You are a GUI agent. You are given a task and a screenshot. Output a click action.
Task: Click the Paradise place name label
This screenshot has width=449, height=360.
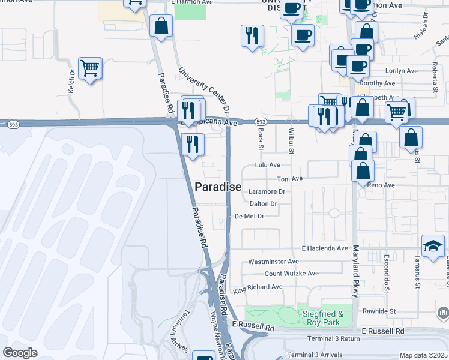(218, 187)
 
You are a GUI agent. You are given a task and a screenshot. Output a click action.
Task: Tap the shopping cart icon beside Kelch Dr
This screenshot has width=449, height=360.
(89, 69)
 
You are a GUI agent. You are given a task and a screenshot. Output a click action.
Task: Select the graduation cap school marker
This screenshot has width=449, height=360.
(433, 246)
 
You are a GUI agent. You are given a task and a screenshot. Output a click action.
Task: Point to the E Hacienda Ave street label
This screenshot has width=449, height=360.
(325, 248)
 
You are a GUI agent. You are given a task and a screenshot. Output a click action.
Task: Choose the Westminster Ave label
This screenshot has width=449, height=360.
(273, 262)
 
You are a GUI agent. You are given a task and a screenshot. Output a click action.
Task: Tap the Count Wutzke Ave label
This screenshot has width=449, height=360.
(292, 273)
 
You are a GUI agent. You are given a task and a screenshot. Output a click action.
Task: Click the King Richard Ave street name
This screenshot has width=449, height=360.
(258, 287)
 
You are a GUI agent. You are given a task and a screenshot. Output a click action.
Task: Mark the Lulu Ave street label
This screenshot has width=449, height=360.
(268, 164)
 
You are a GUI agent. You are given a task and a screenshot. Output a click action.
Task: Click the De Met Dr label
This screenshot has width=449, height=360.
(249, 216)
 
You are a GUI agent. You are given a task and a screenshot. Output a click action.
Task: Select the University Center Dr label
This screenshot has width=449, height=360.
(204, 90)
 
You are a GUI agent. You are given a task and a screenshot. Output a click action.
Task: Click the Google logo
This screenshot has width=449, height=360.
(20, 353)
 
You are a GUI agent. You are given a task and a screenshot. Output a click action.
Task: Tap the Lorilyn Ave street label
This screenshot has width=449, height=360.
(402, 70)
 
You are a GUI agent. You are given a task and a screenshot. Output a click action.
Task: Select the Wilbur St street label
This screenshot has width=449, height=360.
(290, 139)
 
